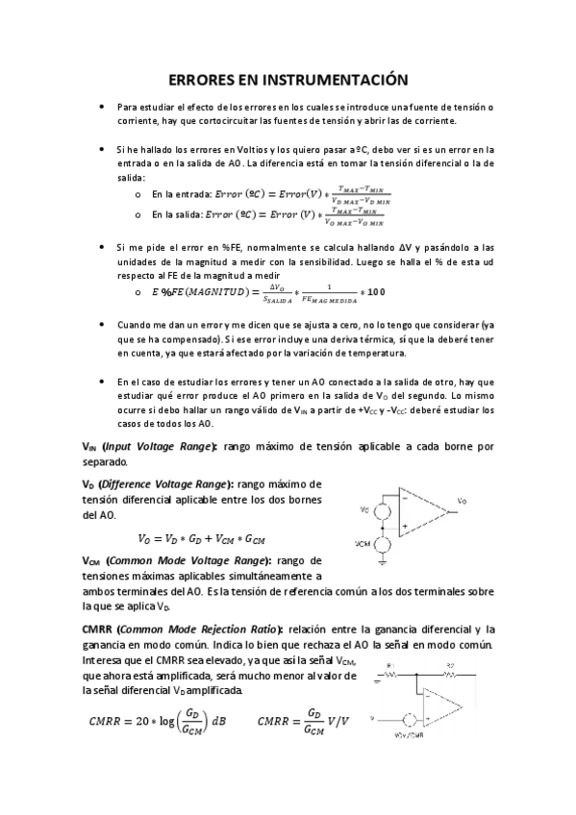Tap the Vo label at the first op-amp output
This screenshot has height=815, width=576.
pyautogui.click(x=463, y=502)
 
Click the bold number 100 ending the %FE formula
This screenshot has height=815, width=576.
pyautogui.click(x=376, y=292)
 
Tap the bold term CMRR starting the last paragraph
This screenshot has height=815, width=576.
pyautogui.click(x=99, y=629)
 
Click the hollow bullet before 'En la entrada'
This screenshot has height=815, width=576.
pyautogui.click(x=140, y=192)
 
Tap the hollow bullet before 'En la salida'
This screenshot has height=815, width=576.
pyautogui.click(x=140, y=215)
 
